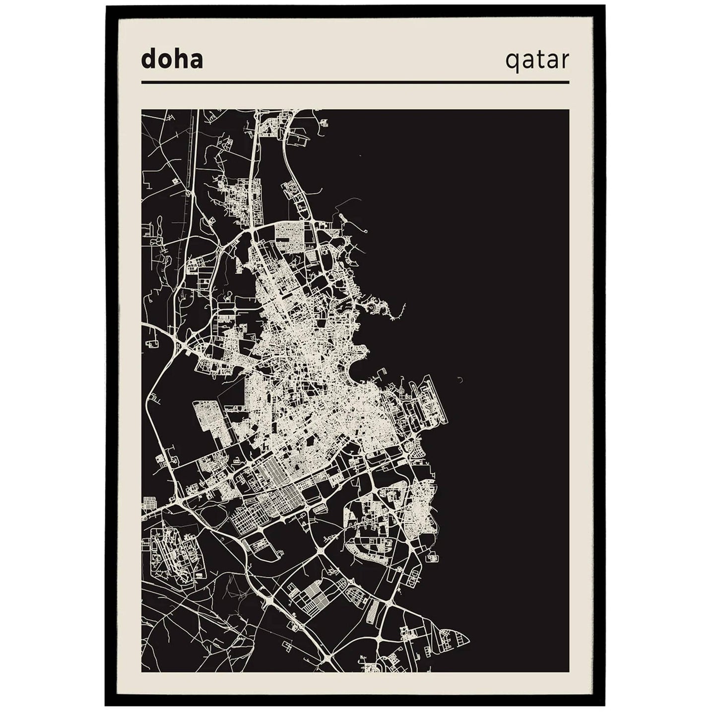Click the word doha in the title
[172, 60]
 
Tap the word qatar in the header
[537, 61]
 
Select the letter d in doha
[147, 60]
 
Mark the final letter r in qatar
[565, 61]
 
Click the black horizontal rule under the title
[355, 82]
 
